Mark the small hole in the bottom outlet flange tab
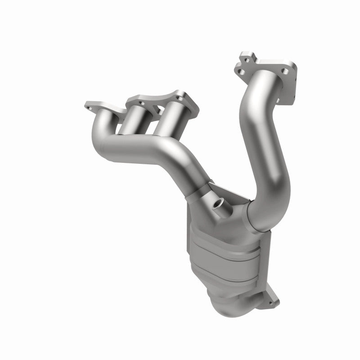(271, 302)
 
